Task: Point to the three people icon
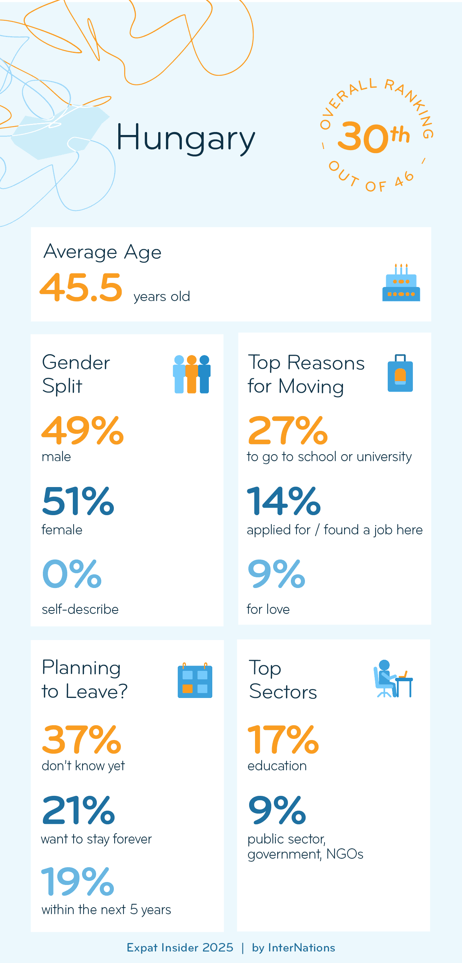point(191,374)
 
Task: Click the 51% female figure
point(78,501)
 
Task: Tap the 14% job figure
point(284,501)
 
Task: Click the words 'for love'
point(268,609)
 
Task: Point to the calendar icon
point(194,680)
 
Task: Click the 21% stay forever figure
point(78,810)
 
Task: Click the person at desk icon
point(393,679)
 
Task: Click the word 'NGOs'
point(344,854)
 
